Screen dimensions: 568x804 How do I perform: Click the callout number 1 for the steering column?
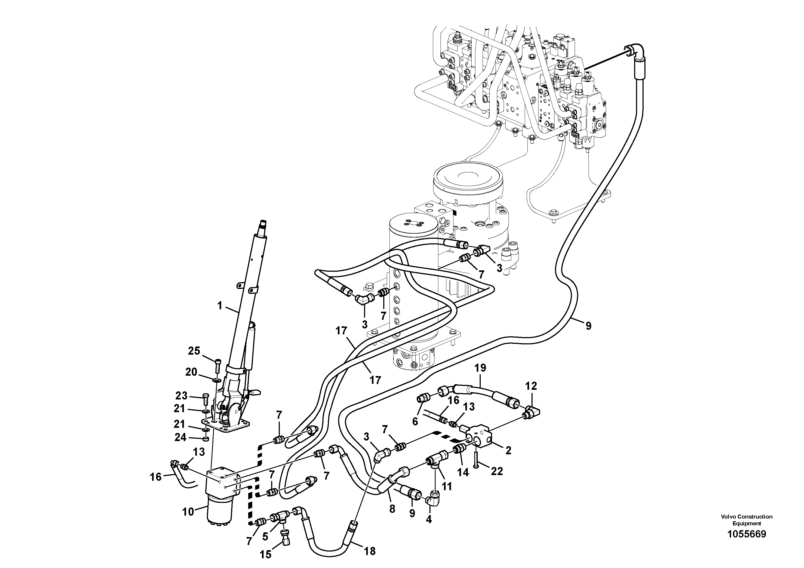click(220, 306)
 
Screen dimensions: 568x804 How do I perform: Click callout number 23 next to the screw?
click(181, 396)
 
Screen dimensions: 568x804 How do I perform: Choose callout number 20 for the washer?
click(191, 372)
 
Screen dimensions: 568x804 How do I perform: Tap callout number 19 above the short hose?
click(480, 368)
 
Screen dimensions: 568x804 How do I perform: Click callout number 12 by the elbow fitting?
click(531, 386)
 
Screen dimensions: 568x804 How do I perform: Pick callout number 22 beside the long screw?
click(497, 471)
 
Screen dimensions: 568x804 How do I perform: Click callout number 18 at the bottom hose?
click(370, 551)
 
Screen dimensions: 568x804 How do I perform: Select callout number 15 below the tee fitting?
click(265, 554)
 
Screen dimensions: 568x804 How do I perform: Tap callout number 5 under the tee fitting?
click(265, 536)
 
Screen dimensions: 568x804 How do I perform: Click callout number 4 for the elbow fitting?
click(429, 520)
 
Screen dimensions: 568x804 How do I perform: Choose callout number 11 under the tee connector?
click(447, 486)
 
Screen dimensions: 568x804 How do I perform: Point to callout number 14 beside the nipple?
click(463, 472)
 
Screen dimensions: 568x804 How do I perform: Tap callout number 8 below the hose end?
click(392, 509)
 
